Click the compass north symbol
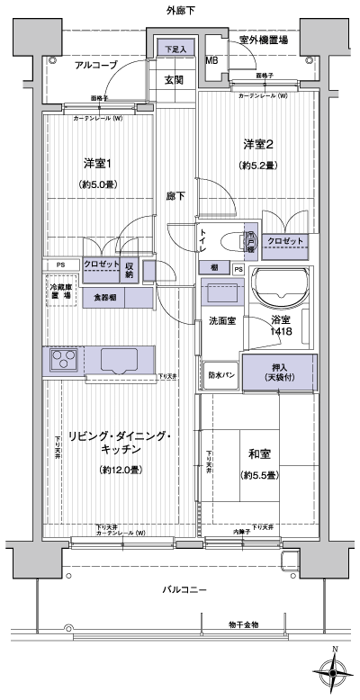tap(334, 670)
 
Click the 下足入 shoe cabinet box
tap(175, 49)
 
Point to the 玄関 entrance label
tap(174, 80)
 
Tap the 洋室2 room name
tap(256, 144)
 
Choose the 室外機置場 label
tap(264, 40)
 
